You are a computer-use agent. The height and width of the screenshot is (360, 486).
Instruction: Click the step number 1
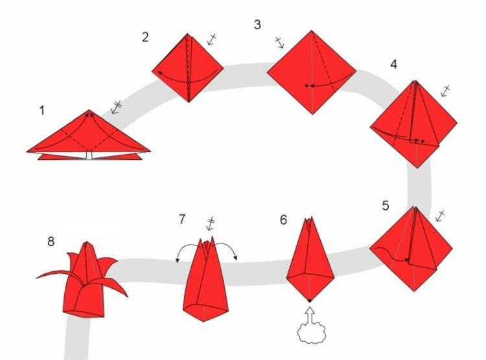(42, 110)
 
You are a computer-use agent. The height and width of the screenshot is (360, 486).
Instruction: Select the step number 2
(145, 37)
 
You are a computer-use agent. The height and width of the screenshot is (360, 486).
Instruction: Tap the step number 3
(258, 25)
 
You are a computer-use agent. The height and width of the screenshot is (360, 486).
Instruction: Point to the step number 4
(393, 65)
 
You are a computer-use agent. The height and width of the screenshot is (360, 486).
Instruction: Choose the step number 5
(386, 206)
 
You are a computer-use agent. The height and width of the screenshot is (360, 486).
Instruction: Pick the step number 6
(283, 219)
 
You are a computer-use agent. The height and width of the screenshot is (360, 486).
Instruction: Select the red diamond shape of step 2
(188, 69)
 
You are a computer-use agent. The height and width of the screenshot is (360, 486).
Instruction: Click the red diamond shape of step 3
(311, 71)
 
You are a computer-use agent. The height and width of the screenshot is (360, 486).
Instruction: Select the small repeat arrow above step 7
(211, 225)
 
